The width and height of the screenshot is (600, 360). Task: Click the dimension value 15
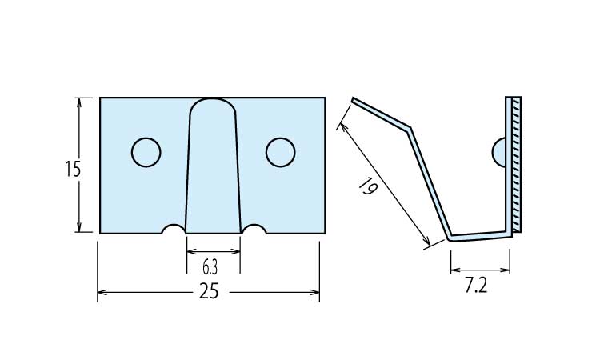tap(73, 169)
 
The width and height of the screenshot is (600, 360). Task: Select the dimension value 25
tap(209, 291)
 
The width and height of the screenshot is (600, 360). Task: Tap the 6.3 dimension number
tap(210, 268)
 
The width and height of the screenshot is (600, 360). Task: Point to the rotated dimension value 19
tap(368, 187)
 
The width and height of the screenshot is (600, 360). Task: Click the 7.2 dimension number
tap(476, 285)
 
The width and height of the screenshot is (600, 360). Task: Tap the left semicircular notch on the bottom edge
tap(174, 226)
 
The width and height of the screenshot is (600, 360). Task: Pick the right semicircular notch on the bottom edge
tap(254, 226)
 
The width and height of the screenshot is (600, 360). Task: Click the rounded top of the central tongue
tap(213, 99)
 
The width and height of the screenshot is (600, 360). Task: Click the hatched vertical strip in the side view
tap(516, 164)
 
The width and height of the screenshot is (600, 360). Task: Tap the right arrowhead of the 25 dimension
tap(315, 292)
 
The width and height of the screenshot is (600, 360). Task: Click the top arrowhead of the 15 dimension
tap(79, 102)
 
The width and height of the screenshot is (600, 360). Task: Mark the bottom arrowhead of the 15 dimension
tap(79, 227)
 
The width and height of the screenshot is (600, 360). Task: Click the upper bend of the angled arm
tap(409, 128)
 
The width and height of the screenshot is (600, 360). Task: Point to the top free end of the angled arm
tap(353, 100)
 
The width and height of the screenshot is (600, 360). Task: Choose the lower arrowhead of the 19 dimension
tap(426, 241)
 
